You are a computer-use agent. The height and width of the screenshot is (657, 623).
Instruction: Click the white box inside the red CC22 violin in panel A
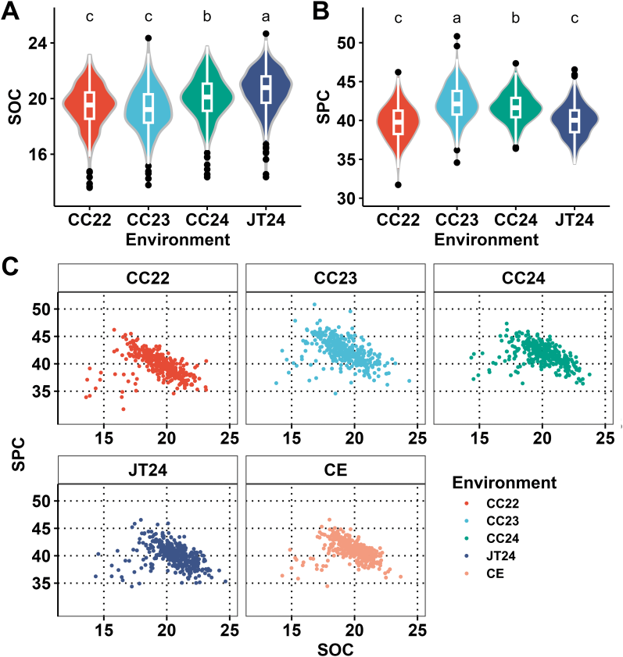click(90, 105)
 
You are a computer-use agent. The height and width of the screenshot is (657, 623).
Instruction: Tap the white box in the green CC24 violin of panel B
click(515, 107)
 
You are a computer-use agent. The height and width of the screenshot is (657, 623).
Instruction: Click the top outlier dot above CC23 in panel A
click(149, 38)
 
